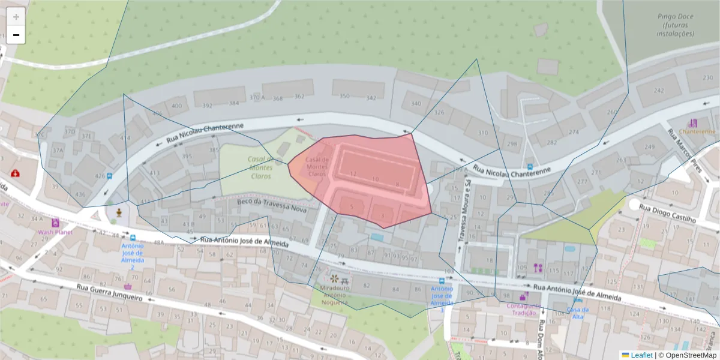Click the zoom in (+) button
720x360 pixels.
point(16,17)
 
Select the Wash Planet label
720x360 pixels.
point(55,232)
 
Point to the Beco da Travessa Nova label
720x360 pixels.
point(272,206)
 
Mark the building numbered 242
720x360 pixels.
point(659,91)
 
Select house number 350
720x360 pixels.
point(344,97)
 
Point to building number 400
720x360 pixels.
point(176,106)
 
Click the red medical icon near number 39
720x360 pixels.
point(14,173)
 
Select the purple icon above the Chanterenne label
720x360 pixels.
point(694,122)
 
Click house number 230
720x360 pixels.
point(708,78)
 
